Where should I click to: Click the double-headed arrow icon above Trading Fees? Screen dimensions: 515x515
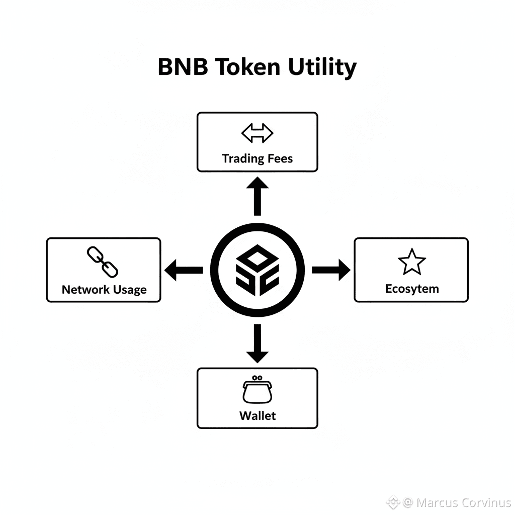click(257, 134)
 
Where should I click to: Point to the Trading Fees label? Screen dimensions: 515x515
click(257, 159)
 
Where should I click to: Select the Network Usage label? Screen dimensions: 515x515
click(104, 290)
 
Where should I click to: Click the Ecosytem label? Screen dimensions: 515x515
click(412, 289)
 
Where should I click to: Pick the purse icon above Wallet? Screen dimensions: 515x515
click(257, 389)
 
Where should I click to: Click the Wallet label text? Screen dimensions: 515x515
click(257, 415)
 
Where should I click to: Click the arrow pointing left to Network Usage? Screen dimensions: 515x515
click(184, 270)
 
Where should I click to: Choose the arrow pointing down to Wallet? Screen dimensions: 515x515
click(257, 343)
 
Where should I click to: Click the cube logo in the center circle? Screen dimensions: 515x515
click(257, 270)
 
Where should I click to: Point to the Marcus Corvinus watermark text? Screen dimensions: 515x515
click(464, 502)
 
